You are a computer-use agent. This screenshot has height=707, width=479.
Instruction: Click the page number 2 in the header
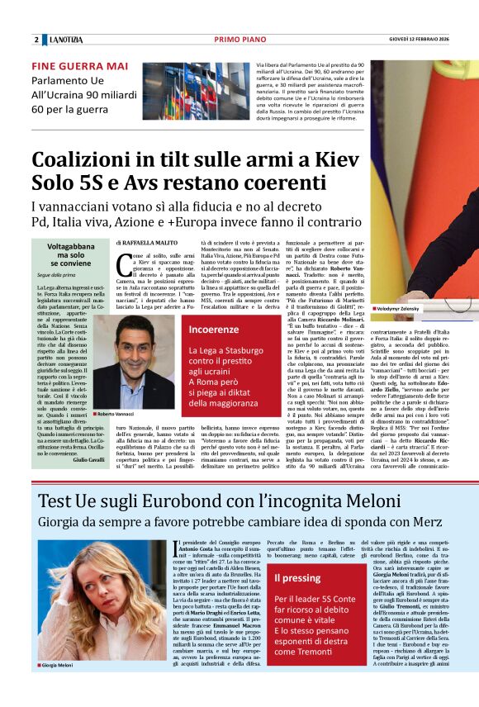point(36,40)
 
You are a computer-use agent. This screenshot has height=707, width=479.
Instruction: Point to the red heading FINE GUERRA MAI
point(79,66)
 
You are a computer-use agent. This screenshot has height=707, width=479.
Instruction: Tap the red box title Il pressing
point(297,579)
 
